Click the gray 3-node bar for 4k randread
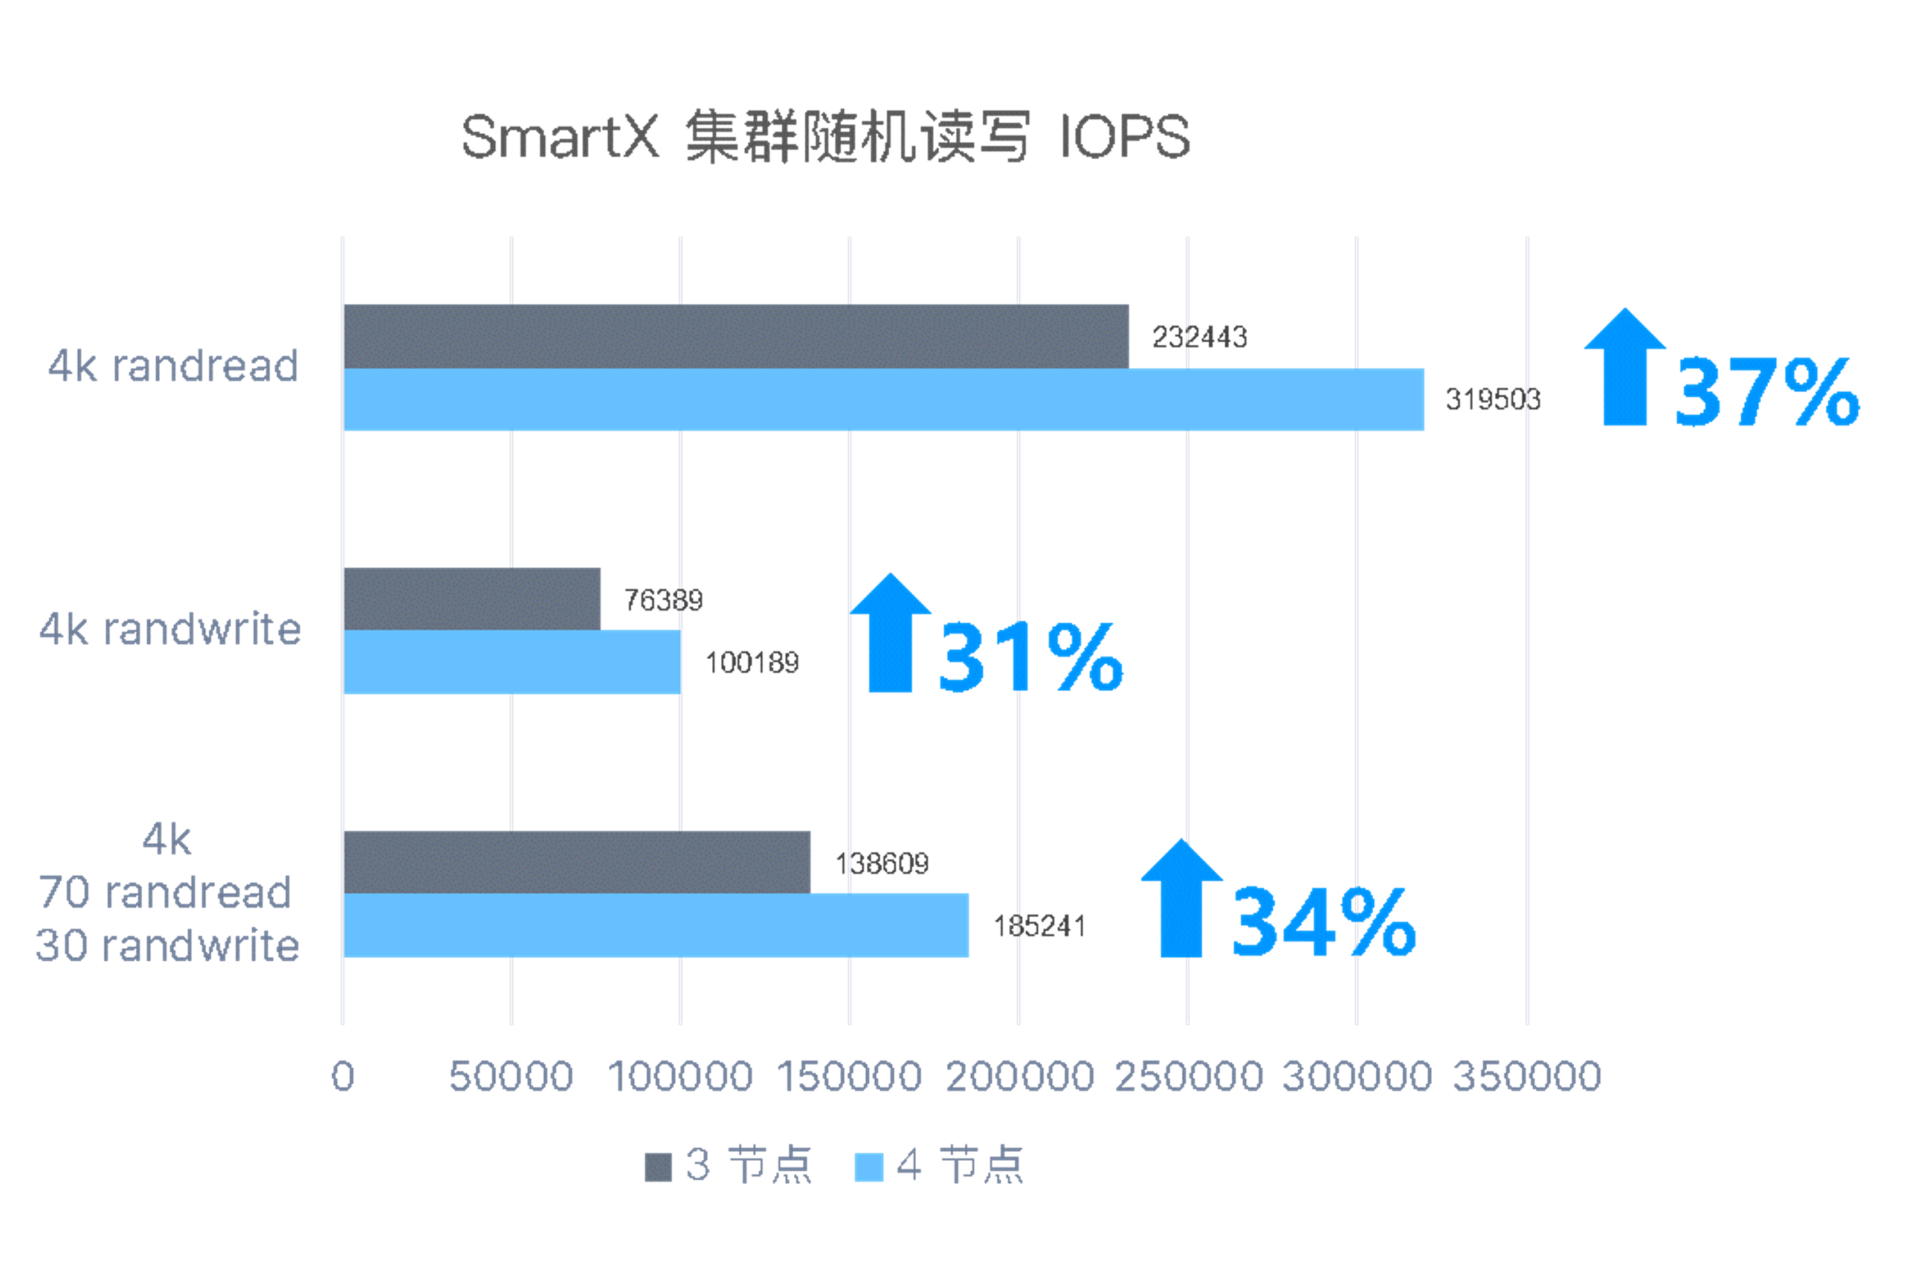coord(736,336)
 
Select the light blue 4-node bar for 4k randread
coord(883,399)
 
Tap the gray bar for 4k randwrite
coord(472,599)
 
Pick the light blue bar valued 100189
coord(512,662)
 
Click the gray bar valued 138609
coord(577,862)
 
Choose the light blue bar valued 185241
coord(656,925)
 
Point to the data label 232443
coord(1199,337)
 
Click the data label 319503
coord(1493,400)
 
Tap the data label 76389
coord(663,601)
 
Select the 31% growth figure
coord(1030,657)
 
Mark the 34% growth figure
coord(1324,922)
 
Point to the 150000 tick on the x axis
coord(849,1076)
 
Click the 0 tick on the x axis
coord(343,1076)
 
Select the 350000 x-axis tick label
coord(1526,1076)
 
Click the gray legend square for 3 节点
coord(658,1167)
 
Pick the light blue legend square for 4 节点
coord(868,1167)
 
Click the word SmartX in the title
coord(560,137)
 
